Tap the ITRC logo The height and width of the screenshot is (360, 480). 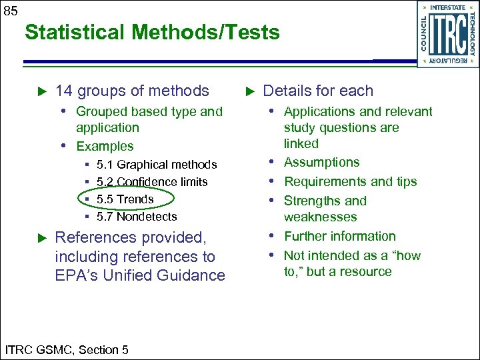pyautogui.click(x=448, y=34)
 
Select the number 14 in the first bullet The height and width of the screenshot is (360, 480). pyautogui.click(x=64, y=91)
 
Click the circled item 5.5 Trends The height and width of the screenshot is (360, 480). pyautogui.click(x=125, y=199)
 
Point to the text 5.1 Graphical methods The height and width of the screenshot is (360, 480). pyautogui.click(x=157, y=165)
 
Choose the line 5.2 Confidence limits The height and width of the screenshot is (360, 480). pyautogui.click(x=152, y=182)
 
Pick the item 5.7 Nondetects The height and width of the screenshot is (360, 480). pyautogui.click(x=137, y=217)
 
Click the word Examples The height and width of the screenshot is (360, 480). pyautogui.click(x=105, y=146)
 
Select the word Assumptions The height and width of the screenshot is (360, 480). pyautogui.click(x=321, y=163)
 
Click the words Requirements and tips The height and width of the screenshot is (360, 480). pyautogui.click(x=350, y=182)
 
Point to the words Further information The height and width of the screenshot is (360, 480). pyautogui.click(x=339, y=237)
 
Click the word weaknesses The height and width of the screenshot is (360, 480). pyautogui.click(x=320, y=217)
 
